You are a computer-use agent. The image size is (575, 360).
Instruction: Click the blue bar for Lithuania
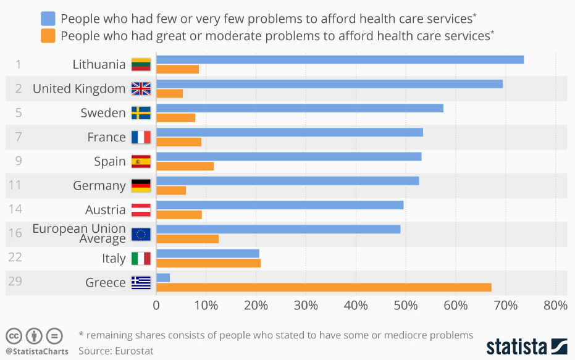[x=340, y=59]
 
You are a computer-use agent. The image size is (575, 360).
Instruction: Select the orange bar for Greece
[x=324, y=287]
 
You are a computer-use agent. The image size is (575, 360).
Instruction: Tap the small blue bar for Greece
[x=163, y=278]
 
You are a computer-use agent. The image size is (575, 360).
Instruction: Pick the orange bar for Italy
[x=208, y=263]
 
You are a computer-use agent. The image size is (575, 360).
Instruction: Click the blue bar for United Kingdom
[x=329, y=83]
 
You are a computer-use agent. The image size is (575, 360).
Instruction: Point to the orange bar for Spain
[x=185, y=166]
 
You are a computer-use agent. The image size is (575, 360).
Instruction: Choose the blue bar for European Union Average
[x=278, y=229]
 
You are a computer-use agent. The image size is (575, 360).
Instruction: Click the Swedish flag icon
[x=141, y=113]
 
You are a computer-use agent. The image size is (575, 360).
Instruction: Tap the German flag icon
[x=141, y=186]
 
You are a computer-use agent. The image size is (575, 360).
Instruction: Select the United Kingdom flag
[x=141, y=89]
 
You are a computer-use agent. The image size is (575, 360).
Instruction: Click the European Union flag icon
[x=141, y=234]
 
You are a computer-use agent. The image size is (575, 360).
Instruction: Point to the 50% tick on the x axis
[x=406, y=305]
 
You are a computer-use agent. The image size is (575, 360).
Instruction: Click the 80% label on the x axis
[x=555, y=305]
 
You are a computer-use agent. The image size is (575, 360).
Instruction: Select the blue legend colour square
[x=48, y=19]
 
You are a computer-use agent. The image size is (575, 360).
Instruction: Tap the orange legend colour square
[x=48, y=36]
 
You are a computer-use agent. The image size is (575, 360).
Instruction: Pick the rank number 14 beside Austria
[x=15, y=209]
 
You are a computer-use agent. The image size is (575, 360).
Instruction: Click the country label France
[x=106, y=137]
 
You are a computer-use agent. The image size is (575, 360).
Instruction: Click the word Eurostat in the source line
[x=133, y=351]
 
